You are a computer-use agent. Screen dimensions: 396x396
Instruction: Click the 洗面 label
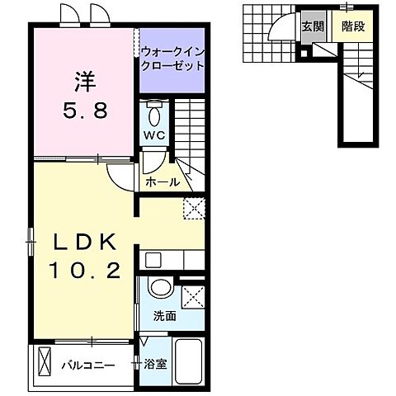click(x=163, y=315)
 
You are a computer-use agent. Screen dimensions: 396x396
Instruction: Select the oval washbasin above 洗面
click(x=161, y=290)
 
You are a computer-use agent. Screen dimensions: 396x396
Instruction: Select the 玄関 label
click(x=312, y=25)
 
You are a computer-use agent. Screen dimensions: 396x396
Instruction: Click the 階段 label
click(x=352, y=25)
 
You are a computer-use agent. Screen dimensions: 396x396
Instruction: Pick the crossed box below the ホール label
click(x=194, y=209)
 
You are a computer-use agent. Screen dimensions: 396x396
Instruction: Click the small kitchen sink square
click(x=153, y=260)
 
